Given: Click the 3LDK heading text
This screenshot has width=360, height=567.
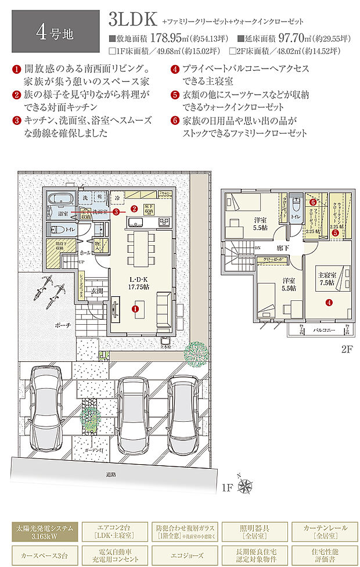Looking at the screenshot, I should (132, 20).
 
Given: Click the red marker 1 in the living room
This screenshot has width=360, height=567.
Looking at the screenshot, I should (135, 309).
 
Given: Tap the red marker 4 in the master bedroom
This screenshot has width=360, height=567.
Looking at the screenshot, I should (329, 302).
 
